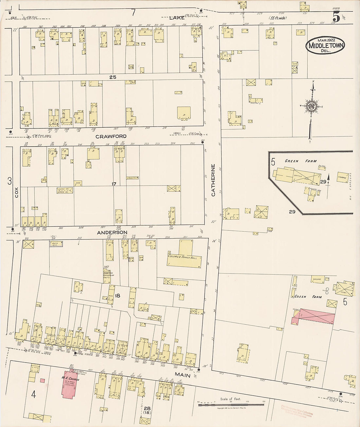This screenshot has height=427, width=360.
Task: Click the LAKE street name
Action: click(177, 18)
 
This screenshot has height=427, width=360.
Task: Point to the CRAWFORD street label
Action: click(111, 136)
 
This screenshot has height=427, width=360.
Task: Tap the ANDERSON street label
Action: click(112, 232)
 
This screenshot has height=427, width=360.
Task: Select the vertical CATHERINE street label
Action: click(213, 180)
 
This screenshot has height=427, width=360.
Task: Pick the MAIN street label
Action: click(183, 375)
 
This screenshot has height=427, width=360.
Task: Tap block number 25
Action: click(113, 77)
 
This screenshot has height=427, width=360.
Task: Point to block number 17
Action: click(114, 184)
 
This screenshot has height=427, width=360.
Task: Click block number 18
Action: click(117, 296)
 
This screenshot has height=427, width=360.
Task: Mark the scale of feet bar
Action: click(231, 405)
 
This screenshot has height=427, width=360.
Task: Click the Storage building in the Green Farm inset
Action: click(342, 177)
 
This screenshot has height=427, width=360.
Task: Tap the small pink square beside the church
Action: click(42, 381)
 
